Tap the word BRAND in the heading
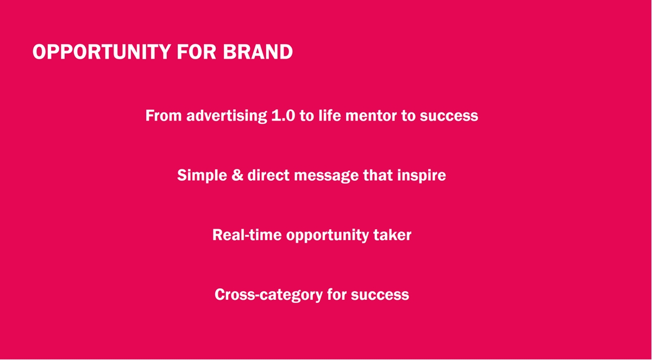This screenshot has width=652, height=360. [258, 52]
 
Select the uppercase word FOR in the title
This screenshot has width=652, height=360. [197, 52]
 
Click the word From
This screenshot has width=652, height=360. [164, 116]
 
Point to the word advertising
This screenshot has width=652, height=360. [227, 116]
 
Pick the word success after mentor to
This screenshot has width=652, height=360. [449, 116]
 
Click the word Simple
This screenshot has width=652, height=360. [202, 175]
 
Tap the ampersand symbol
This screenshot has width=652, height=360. [237, 175]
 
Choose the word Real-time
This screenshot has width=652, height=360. [247, 235]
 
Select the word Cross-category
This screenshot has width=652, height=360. [268, 295]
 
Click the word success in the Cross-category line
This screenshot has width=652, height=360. [380, 295]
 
